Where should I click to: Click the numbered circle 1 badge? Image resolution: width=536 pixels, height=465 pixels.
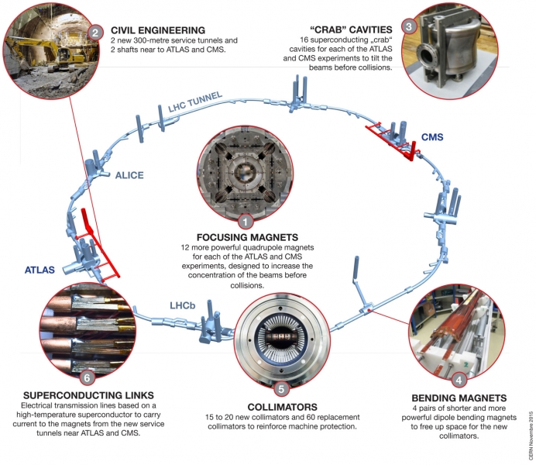[246, 222]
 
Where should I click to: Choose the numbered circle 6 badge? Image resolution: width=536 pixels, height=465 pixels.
[87, 377]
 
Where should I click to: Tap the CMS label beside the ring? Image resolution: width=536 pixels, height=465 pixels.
[433, 138]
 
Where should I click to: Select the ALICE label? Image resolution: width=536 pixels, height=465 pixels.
[129, 175]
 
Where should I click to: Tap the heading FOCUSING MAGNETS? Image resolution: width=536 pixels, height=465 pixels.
[246, 237]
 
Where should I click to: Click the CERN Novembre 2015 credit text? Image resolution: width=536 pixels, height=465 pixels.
[530, 434]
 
